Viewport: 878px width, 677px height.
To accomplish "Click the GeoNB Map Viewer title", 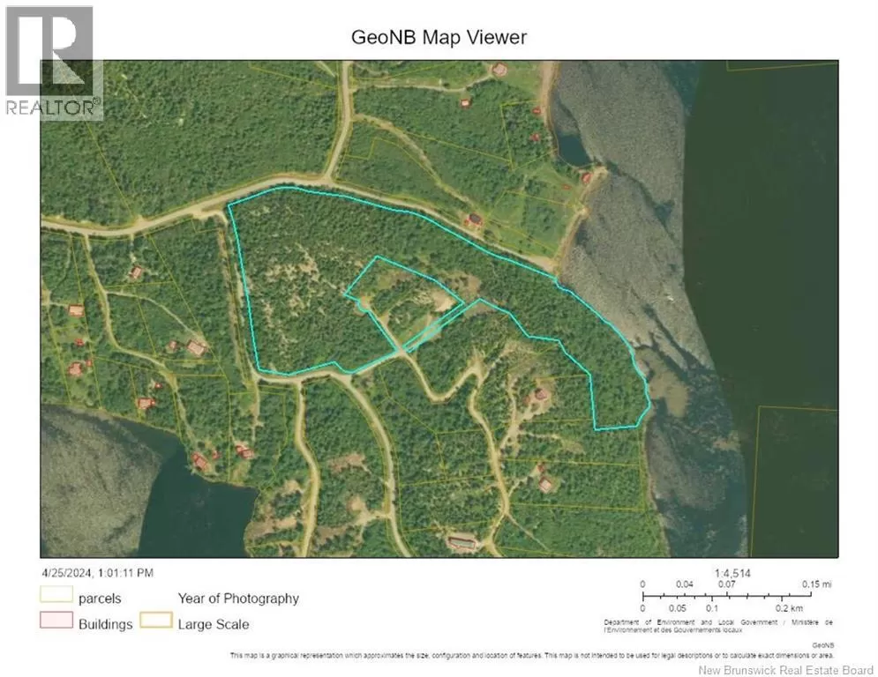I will (439, 37).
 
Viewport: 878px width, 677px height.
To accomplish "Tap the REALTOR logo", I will (50, 62).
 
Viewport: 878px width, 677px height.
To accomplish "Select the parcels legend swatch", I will (55, 598).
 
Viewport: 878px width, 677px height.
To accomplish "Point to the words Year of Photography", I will (238, 598).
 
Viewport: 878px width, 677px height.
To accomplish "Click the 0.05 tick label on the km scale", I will (677, 608).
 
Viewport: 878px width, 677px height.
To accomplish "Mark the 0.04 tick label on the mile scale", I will (684, 584).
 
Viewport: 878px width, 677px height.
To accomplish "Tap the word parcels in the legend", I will (100, 599).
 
